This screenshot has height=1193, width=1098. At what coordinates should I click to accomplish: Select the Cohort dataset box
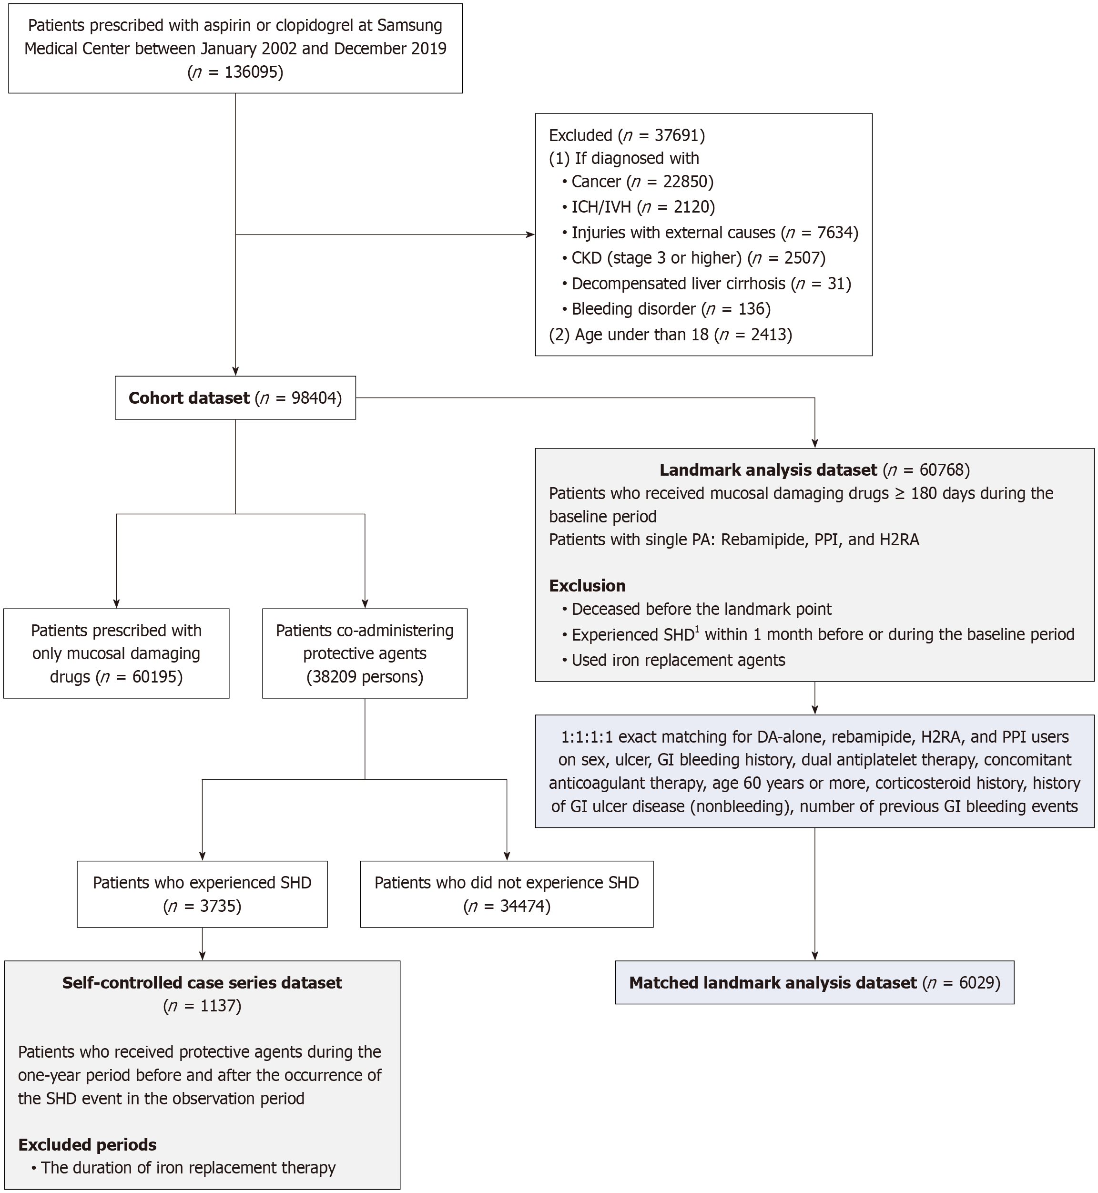pos(235,398)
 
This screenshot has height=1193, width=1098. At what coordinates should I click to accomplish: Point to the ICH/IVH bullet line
pos(642,207)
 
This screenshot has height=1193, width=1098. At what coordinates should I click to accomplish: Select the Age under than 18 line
pos(670,335)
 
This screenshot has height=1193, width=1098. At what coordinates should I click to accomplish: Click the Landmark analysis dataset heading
pos(768,470)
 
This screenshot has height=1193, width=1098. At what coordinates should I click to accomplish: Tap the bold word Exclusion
pos(587,586)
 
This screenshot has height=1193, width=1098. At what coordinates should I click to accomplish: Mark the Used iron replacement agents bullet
pos(677,661)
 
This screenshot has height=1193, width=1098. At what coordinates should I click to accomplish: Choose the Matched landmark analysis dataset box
pos(814,983)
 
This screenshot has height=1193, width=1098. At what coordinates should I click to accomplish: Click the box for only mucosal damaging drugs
pos(116,653)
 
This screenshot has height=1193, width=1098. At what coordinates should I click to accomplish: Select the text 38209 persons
pos(365,677)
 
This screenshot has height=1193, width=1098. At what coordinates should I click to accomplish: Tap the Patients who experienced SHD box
pos(202,894)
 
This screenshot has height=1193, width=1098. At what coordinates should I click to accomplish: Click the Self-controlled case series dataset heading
pos(202,983)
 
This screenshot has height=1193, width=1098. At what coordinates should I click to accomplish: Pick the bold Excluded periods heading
pos(87,1145)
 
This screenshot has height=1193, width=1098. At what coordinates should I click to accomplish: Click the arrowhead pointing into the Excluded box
pos(530,235)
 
